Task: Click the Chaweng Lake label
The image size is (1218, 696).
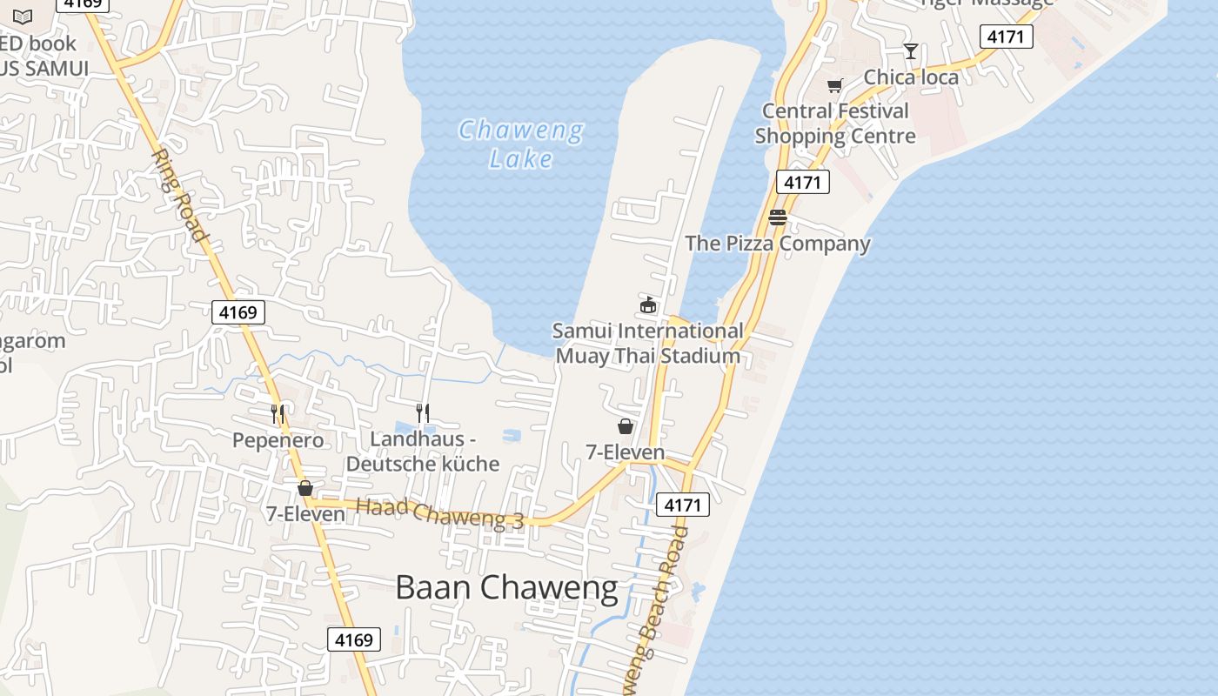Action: pos(521,144)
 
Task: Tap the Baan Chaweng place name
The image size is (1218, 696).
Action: pos(506,587)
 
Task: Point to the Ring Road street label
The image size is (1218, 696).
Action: pos(179,195)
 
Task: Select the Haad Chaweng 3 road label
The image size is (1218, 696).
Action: pos(439,512)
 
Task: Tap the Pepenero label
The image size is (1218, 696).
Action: pos(278,440)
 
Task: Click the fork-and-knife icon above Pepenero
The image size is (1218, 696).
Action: pos(278,414)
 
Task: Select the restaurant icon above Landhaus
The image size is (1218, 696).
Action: pos(423,412)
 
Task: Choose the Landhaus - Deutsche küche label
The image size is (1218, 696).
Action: pos(423,452)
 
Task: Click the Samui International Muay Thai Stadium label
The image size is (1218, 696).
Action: pos(648,343)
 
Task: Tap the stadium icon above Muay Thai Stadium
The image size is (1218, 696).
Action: pos(648,304)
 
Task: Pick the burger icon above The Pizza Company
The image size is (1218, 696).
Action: pos(778,217)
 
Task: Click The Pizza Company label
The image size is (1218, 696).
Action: pos(778,244)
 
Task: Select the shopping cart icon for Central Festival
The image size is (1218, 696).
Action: pos(835,85)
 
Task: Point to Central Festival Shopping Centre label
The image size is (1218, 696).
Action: pos(835,124)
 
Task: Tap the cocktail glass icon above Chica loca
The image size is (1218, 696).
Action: pos(911,51)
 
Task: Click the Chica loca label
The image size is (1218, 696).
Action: pos(911,77)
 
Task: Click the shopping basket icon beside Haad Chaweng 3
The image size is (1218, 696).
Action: pos(305,488)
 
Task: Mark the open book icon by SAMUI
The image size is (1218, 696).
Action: pos(23,17)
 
